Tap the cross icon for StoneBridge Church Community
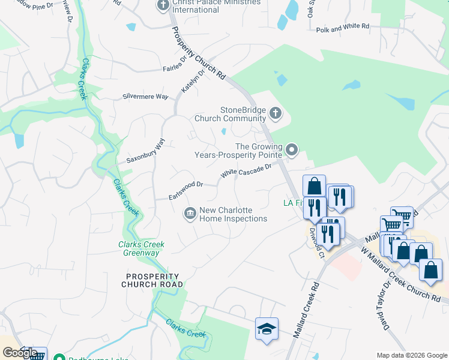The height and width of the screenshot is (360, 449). tap(276, 113)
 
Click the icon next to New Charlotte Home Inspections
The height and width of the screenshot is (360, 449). tap(190, 214)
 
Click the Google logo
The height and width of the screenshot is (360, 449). tap(20, 353)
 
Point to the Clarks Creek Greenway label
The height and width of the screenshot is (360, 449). tap(142, 248)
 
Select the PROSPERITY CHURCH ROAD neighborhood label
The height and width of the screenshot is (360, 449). tap(152, 280)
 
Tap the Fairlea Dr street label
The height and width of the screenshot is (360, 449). tap(175, 64)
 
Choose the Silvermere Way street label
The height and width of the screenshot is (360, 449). tap(145, 96)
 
